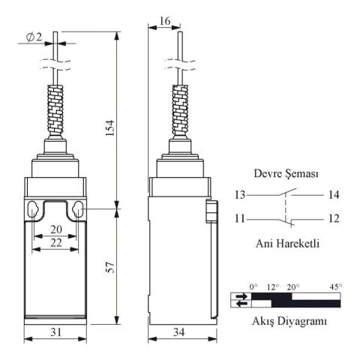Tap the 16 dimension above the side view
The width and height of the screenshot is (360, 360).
coord(163,22)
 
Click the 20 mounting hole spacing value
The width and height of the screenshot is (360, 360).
coord(55,229)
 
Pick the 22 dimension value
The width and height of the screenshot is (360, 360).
coord(55,242)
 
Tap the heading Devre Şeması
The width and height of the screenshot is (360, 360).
coord(286,173)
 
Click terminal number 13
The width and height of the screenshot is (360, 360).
coord(239,196)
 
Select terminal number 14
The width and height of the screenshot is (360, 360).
coord(333,196)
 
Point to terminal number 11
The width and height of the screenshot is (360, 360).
coord(239,219)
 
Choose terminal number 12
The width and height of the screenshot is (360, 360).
coord(333,219)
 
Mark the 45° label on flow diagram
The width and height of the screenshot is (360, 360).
coord(334,286)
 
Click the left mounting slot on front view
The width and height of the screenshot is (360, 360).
coord(33,210)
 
